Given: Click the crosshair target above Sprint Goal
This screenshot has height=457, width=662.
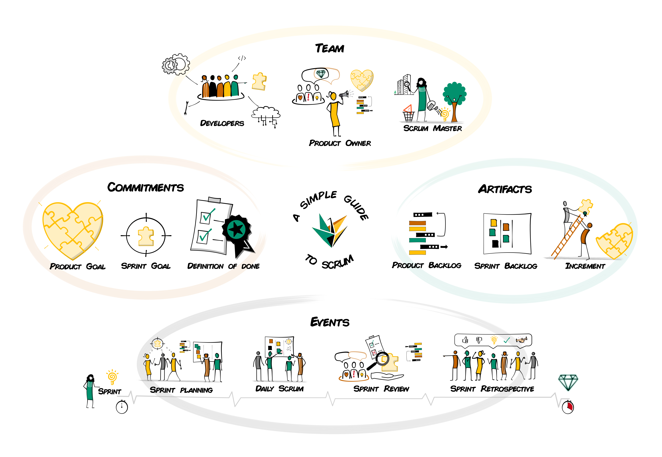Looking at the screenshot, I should click(146, 235).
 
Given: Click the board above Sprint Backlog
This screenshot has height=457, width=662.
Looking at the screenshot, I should click(507, 233).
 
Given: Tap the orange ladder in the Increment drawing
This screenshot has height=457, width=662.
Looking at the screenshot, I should click(567, 238).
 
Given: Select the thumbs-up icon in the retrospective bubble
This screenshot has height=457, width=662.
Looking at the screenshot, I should click(465, 340).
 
